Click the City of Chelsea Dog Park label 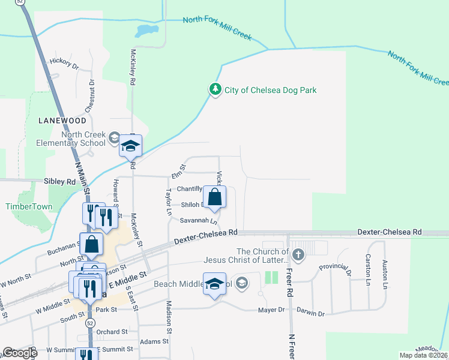[270, 90]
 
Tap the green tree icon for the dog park [215, 89]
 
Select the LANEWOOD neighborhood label [62, 121]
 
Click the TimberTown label [29, 206]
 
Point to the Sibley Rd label [60, 181]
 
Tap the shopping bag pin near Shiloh [215, 197]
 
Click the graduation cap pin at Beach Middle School [214, 284]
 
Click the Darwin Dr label [312, 314]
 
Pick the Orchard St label [112, 331]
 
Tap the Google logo [20, 353]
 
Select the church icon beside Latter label [298, 256]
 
